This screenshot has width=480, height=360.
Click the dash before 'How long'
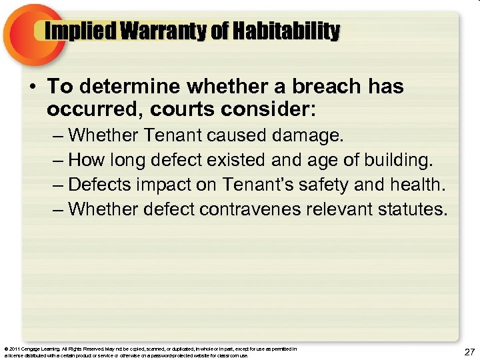58,161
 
